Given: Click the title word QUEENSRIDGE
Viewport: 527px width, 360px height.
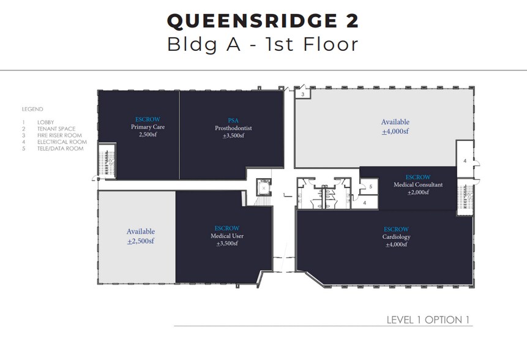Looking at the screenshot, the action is [252, 21].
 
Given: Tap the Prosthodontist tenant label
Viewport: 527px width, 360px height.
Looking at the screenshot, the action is [233, 128].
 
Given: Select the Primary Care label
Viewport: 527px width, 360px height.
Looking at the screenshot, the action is [148, 127].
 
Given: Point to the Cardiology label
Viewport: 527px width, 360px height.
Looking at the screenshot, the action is [396, 237].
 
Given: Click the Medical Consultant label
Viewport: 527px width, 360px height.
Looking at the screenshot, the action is [418, 184].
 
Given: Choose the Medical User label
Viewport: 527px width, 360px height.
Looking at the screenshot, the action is [227, 236].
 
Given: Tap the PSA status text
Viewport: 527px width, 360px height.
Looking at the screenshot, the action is [233, 121].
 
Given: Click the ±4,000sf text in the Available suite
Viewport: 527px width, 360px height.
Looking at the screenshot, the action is [395, 132].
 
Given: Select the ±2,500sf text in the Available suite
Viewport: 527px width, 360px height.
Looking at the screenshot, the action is [141, 241].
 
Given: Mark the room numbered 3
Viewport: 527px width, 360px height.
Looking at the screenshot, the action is [303, 94].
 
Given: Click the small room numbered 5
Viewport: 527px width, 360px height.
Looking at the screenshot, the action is [369, 187].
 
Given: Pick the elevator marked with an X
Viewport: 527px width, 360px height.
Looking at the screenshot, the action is [264, 188].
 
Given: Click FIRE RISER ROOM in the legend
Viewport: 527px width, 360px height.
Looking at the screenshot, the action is [59, 135].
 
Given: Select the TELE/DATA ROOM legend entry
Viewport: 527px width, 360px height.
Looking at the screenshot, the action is [61, 149].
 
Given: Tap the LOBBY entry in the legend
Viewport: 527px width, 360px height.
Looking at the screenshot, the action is [46, 122].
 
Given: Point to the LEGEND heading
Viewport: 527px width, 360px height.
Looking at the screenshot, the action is [32, 109].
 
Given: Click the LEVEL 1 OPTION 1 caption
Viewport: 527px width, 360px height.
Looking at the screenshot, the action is [428, 320].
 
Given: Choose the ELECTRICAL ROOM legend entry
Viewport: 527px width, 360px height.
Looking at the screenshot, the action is [62, 142].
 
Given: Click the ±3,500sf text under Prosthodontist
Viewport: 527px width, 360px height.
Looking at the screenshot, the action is [233, 136].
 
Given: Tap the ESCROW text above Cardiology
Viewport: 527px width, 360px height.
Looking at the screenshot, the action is [396, 229].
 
